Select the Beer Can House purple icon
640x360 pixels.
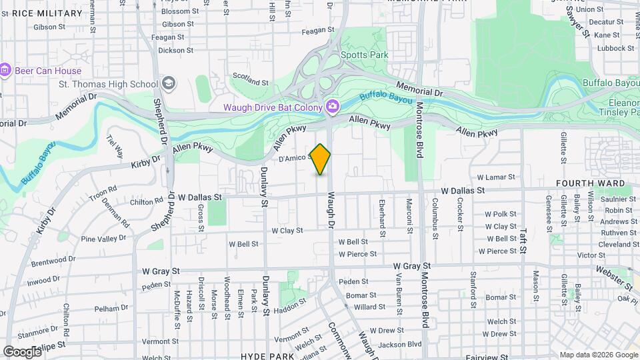(x=5, y=70)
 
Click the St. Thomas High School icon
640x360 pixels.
(x=169, y=83)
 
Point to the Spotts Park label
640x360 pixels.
(x=363, y=55)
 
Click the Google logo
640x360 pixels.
(x=22, y=351)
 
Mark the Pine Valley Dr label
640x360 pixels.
(x=103, y=238)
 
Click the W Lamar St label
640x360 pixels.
(x=496, y=177)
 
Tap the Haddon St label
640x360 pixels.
(x=289, y=303)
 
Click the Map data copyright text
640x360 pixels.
(x=598, y=355)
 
